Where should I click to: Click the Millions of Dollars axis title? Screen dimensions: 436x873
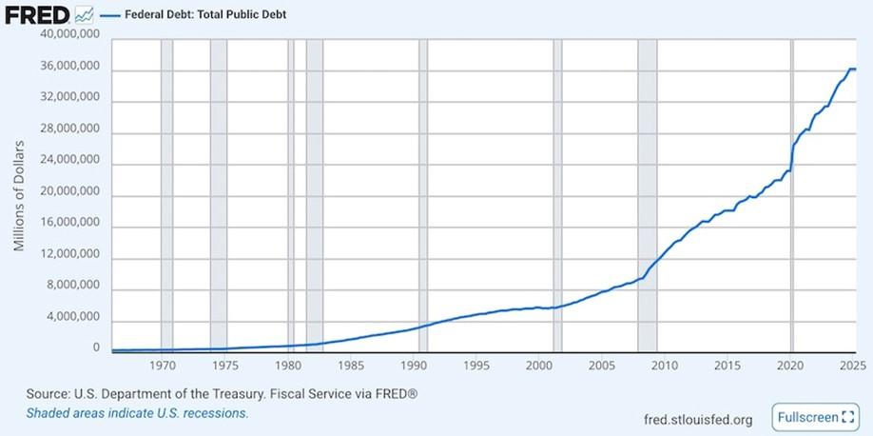19,194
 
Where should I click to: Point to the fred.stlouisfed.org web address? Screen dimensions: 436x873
698,419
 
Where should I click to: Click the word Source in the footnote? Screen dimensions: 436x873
46,393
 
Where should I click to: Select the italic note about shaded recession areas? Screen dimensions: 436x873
137,413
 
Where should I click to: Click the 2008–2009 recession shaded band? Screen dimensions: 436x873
648,190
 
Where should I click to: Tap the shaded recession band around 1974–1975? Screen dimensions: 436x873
219,190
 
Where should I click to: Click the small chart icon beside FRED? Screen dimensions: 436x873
84,14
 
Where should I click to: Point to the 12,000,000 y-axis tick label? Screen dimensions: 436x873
68,256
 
